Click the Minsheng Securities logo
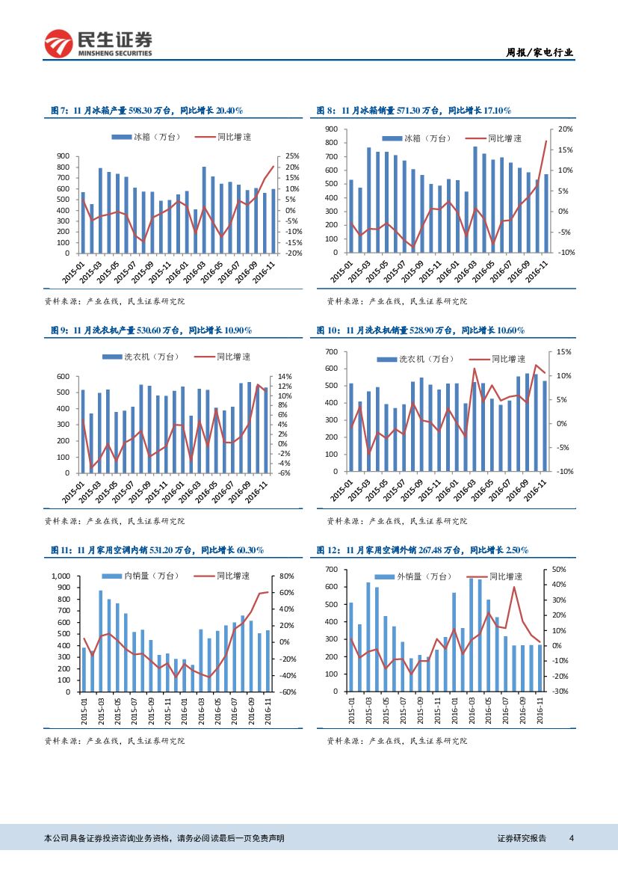(99, 44)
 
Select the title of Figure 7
(146, 111)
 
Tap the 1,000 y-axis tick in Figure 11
(60, 576)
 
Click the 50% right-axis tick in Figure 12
(560, 570)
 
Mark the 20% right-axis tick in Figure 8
(565, 129)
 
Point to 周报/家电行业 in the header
(540, 52)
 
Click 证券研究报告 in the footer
(522, 838)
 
